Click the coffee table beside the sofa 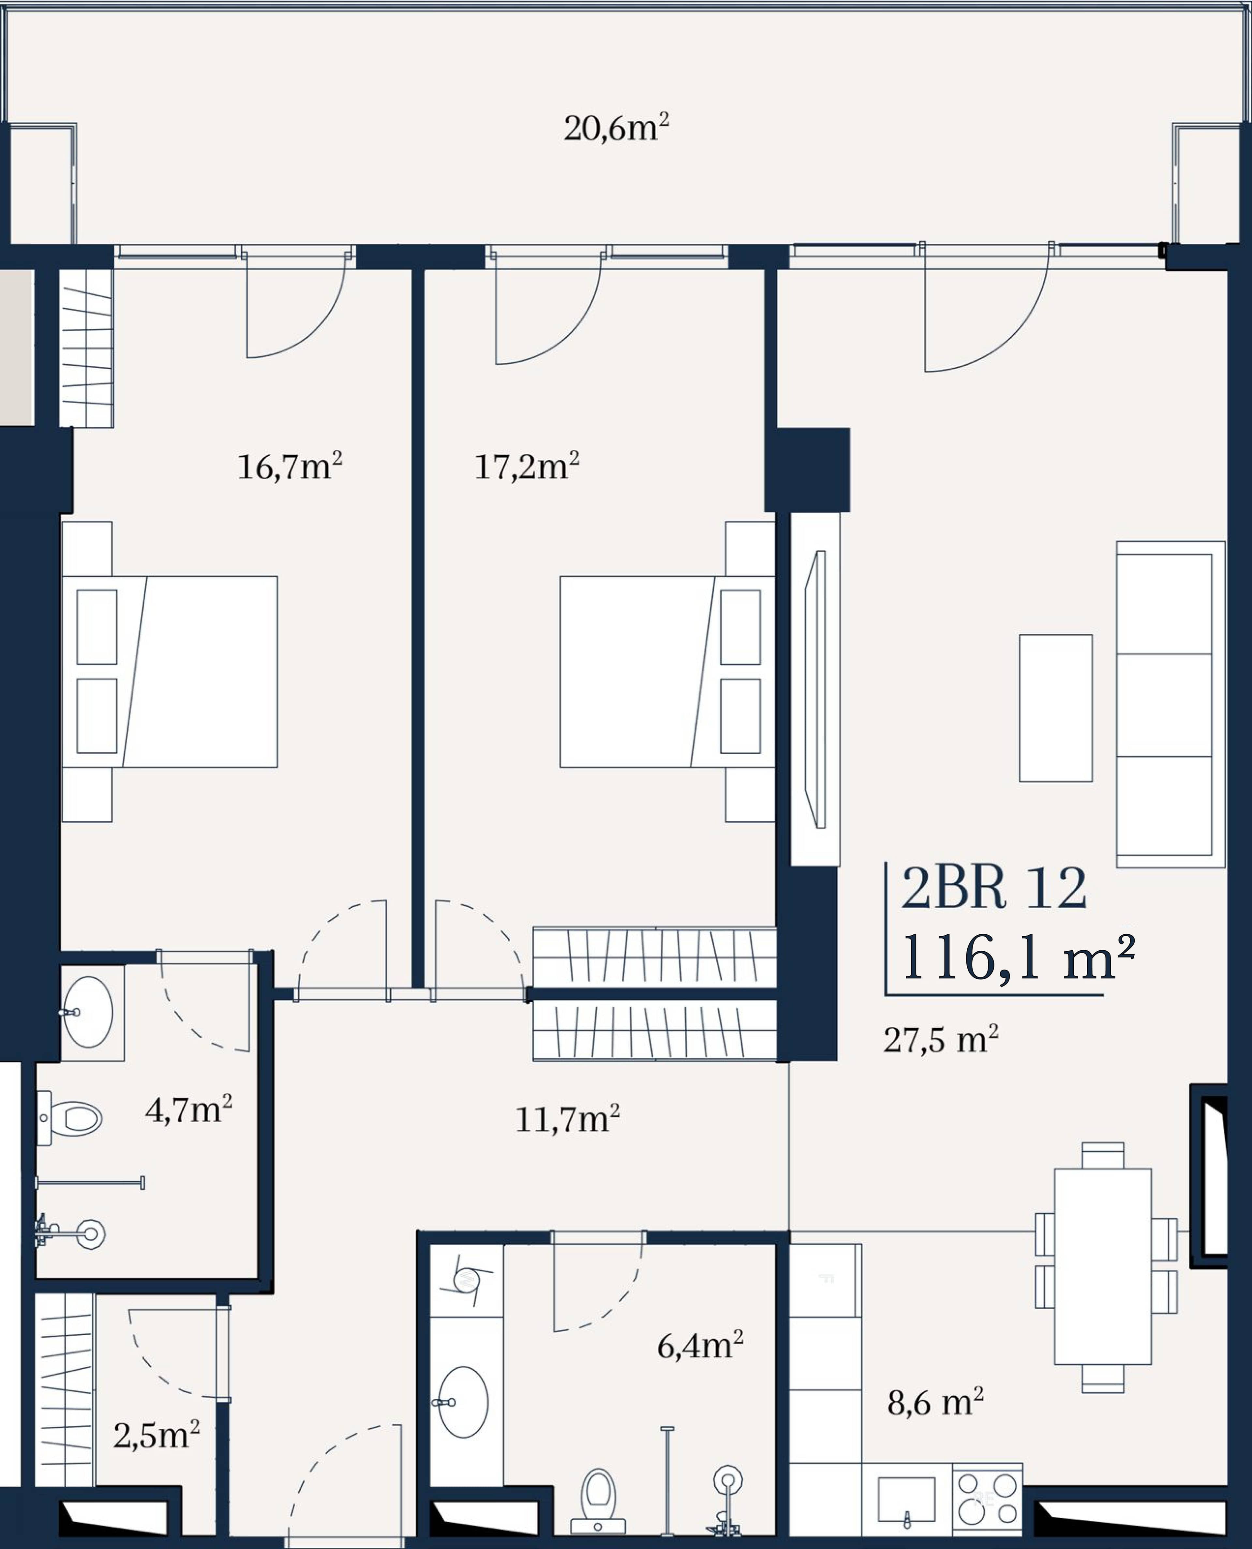1056,708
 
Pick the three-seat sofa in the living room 1170,704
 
